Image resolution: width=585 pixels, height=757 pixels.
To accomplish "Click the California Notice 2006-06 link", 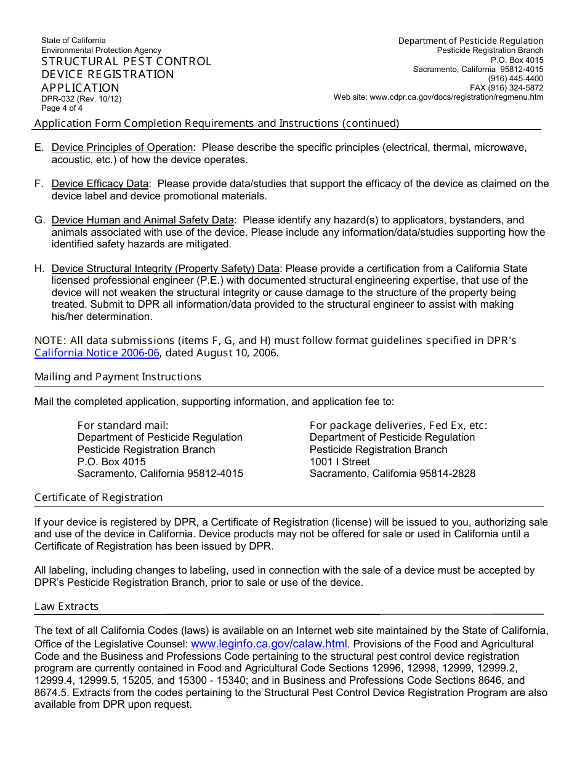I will tap(97, 353).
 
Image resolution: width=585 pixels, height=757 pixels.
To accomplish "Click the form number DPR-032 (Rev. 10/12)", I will tap(81, 98).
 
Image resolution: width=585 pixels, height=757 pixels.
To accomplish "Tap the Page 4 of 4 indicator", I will tap(62, 108).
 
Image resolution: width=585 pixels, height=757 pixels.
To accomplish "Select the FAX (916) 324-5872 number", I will tap(506, 88).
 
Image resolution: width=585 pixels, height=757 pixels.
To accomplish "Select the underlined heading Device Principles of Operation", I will tap(122, 148).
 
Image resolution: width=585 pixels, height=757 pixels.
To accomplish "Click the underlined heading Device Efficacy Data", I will tap(100, 184).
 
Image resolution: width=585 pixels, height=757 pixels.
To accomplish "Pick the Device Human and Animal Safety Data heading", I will tap(142, 220).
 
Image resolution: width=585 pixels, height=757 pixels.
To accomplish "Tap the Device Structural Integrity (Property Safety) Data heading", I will tap(165, 269).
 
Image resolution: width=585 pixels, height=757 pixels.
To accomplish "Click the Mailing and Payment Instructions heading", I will tap(118, 377).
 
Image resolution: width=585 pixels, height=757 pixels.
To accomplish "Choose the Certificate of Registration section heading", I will tap(99, 498).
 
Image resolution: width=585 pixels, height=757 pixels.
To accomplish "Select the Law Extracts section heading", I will tap(67, 607).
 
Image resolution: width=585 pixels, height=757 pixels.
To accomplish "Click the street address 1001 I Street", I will tap(340, 462).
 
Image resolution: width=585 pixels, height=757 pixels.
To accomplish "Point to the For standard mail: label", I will tap(123, 425).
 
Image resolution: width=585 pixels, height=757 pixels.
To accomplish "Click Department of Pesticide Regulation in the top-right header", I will tap(470, 41).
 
